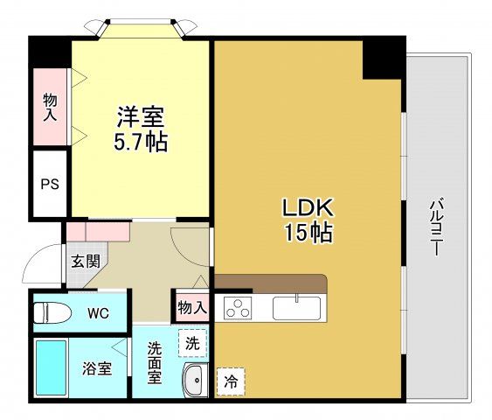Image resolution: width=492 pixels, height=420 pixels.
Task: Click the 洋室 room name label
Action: click(x=140, y=116)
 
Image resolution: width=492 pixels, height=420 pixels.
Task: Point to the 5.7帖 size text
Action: click(x=140, y=141)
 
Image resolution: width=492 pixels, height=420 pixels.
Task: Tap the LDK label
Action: click(x=305, y=209)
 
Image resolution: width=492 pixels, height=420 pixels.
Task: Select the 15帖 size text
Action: click(x=305, y=233)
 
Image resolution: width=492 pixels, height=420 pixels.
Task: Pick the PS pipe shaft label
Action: click(x=49, y=185)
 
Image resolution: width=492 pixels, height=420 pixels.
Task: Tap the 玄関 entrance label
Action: click(x=85, y=260)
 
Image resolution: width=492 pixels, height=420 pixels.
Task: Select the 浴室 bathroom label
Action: click(x=97, y=368)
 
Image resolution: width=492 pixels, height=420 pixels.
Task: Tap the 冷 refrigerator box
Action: click(x=231, y=381)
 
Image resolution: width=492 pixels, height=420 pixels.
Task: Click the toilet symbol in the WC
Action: click(x=54, y=311)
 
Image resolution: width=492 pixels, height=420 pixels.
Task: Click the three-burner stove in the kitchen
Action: click(x=237, y=308)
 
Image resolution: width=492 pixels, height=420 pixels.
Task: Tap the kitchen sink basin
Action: click(x=296, y=308)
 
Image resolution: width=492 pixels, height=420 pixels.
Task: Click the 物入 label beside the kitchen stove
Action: click(x=191, y=307)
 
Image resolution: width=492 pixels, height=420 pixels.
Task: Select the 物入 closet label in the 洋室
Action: click(x=50, y=107)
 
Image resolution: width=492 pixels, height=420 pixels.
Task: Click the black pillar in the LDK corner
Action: click(x=382, y=58)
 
